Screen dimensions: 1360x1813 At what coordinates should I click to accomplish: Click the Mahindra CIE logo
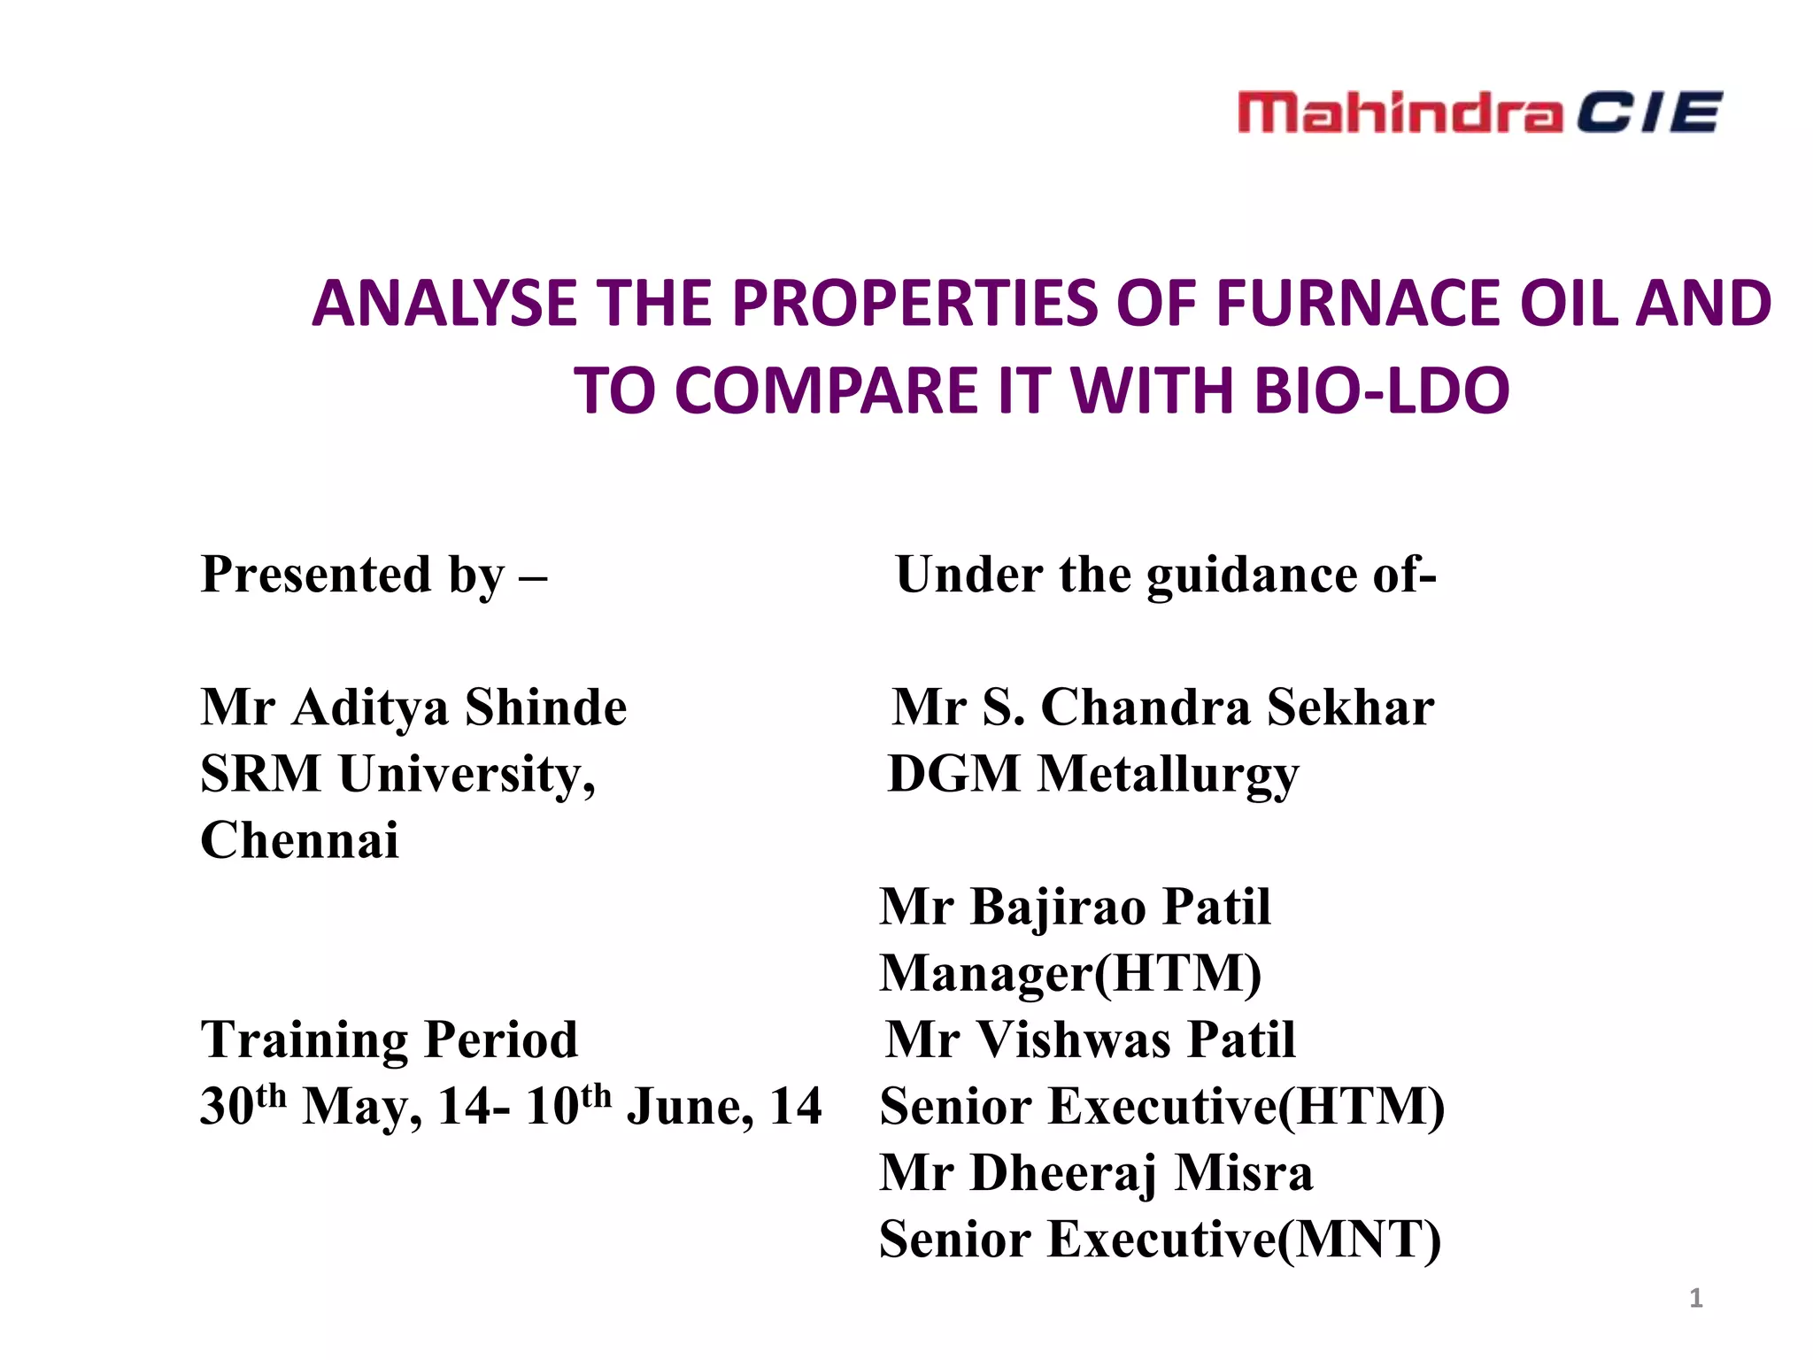click(x=1478, y=112)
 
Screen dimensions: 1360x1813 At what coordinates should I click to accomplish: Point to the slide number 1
click(x=1695, y=1298)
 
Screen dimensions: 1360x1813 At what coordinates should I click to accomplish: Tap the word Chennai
click(x=299, y=840)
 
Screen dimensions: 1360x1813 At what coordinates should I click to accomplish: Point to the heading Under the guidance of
click(x=1165, y=575)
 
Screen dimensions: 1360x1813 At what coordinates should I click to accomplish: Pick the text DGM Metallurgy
click(x=1092, y=774)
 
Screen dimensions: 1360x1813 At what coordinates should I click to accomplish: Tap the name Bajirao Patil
click(x=1120, y=907)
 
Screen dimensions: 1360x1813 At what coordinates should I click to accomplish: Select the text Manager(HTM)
click(x=1070, y=973)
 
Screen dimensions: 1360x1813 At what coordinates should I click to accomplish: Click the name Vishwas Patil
click(x=1135, y=1039)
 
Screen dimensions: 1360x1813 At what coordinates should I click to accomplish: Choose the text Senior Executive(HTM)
click(x=1161, y=1107)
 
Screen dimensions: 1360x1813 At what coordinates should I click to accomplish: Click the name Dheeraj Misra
click(x=1142, y=1173)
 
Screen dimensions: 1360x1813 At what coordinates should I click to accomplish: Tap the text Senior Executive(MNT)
click(x=1160, y=1240)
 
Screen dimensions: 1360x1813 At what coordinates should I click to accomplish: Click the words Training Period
click(x=390, y=1039)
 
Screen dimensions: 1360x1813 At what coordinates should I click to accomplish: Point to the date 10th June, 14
click(x=673, y=1107)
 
